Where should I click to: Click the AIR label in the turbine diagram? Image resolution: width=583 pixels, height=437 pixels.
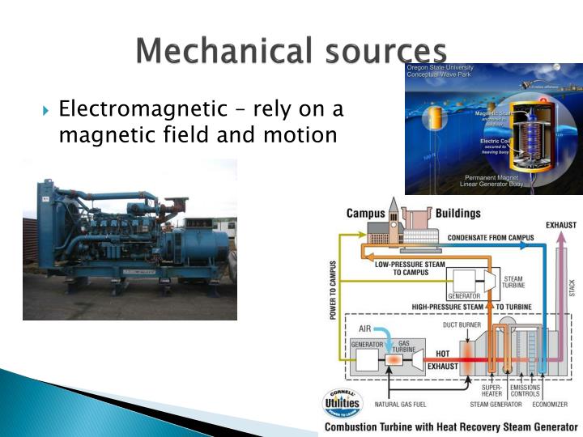point(365,329)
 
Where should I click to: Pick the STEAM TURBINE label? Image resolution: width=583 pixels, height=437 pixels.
point(513,282)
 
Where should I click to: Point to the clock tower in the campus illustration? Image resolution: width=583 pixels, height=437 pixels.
point(393,215)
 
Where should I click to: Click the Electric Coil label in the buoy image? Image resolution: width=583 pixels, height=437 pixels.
point(493,141)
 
